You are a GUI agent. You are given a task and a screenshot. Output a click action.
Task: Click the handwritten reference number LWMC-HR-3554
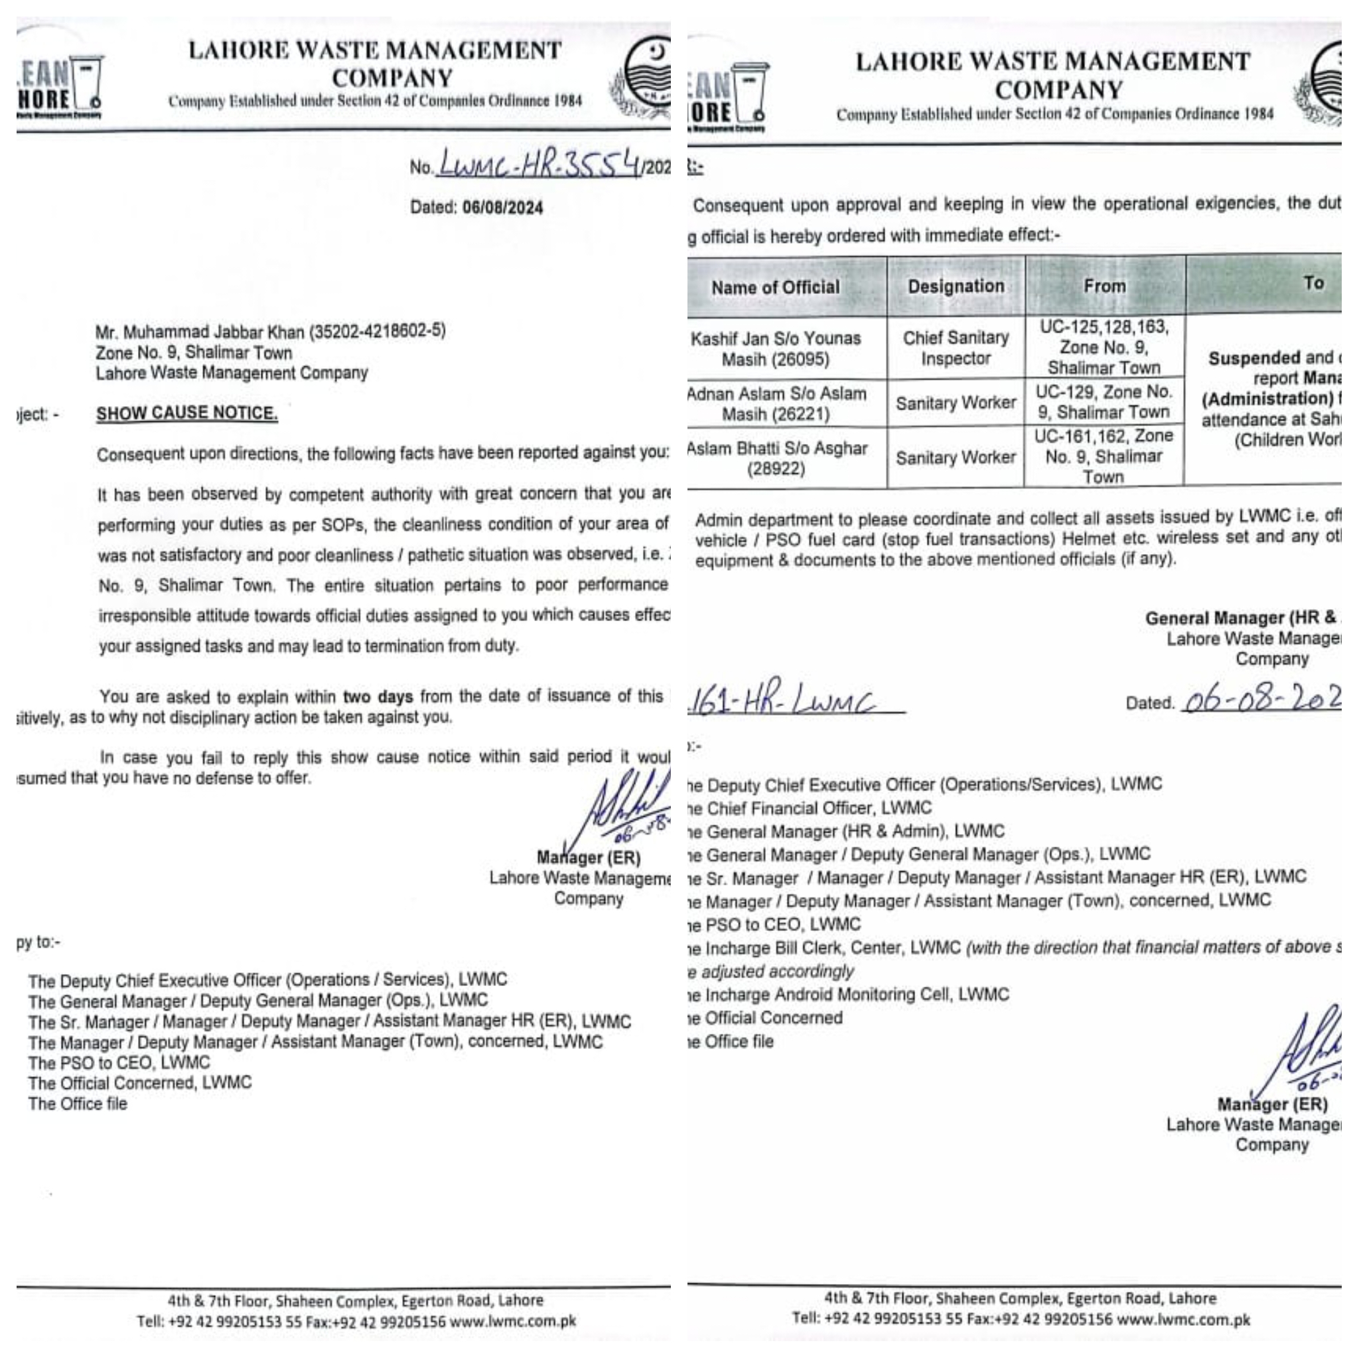(539, 164)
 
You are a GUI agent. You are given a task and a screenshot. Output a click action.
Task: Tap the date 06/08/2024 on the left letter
(502, 208)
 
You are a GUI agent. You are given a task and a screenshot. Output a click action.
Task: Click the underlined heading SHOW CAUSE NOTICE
(186, 413)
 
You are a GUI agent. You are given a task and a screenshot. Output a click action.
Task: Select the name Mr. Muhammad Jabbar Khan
(200, 332)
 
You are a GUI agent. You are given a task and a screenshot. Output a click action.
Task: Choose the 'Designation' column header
(956, 286)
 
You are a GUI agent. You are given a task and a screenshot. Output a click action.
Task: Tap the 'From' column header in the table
(1104, 286)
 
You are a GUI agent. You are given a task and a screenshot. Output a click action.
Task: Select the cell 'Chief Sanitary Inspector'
(956, 348)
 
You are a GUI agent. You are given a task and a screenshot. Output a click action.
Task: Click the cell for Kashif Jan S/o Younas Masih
(775, 349)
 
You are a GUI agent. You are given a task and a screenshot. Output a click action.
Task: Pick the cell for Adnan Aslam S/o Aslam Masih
(775, 403)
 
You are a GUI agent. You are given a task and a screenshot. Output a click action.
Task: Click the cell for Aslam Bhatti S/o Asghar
(775, 459)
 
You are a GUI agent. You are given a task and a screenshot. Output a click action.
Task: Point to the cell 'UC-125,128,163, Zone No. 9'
(1104, 348)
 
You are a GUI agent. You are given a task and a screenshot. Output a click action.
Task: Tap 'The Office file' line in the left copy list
(78, 1104)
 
